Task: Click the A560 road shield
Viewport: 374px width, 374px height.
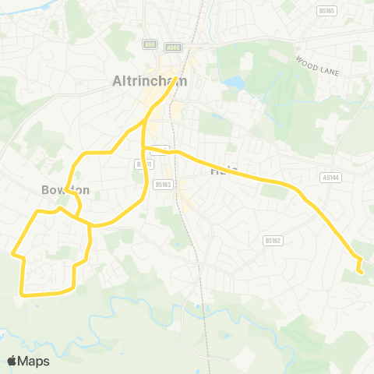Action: click(173, 47)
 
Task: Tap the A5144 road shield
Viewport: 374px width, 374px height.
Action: click(331, 178)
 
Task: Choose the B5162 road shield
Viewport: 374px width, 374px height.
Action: click(272, 240)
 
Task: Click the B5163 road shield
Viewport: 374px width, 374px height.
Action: click(162, 185)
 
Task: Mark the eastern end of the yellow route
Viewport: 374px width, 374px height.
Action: click(362, 272)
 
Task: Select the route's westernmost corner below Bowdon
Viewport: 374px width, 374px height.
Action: click(12, 252)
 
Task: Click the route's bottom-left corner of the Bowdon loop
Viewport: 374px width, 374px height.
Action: click(23, 295)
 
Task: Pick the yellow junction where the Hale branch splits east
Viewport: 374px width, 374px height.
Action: click(145, 148)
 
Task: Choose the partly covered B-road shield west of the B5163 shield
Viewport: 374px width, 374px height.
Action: click(140, 164)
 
